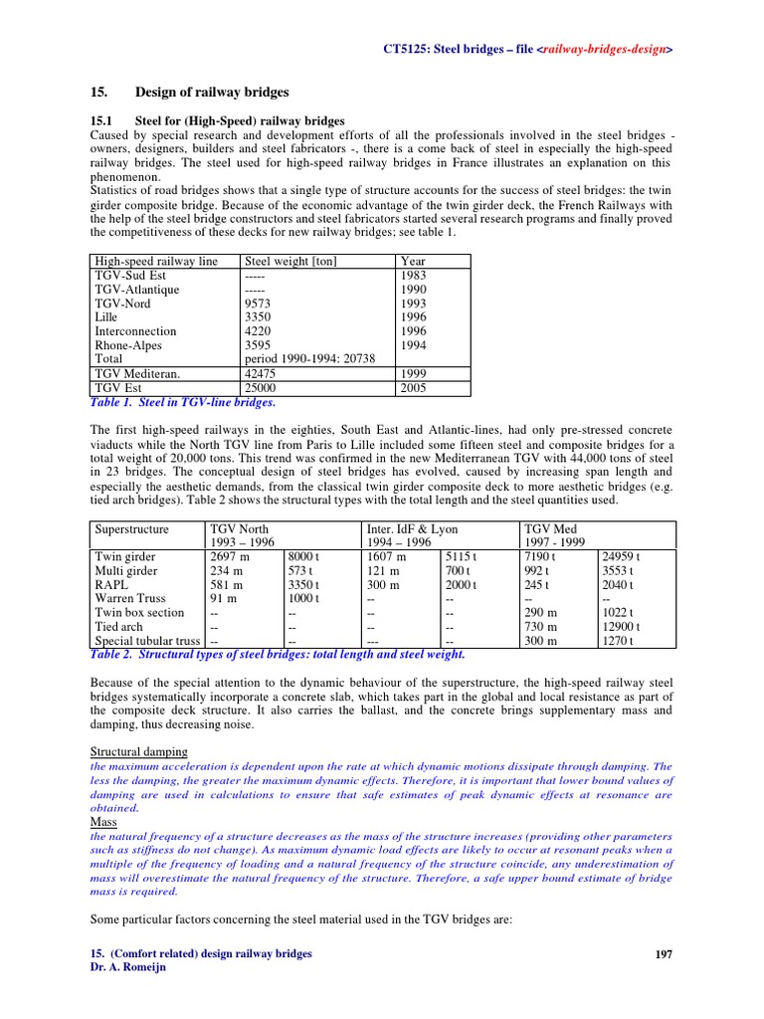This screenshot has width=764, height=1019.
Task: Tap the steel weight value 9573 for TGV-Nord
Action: click(258, 304)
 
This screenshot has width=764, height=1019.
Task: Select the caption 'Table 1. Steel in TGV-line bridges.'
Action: click(182, 403)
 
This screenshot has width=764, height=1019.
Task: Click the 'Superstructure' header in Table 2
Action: click(132, 529)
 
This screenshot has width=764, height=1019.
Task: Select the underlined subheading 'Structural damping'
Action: click(139, 751)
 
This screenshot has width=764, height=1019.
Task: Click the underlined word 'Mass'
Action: click(103, 823)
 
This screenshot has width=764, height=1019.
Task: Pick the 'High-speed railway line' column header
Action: click(156, 262)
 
